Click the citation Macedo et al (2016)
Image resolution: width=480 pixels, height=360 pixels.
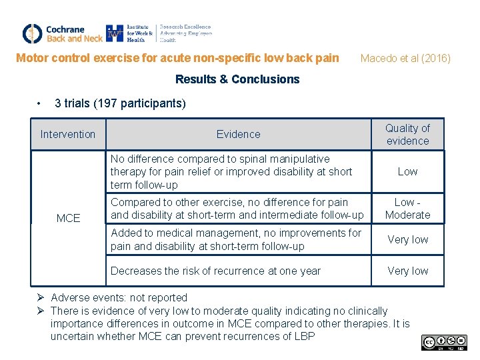[405, 58]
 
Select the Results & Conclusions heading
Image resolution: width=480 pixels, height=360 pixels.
[237, 79]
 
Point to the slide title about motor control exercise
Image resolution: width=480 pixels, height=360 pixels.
[177, 58]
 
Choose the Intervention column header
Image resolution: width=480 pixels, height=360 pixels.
[68, 134]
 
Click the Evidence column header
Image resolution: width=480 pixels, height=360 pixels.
[238, 134]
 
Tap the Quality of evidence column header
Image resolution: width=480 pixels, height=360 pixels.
[407, 134]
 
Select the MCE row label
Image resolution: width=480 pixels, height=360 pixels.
[68, 218]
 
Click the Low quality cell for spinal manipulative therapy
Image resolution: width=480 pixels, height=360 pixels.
[407, 171]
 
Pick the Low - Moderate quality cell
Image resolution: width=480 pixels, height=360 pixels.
[407, 208]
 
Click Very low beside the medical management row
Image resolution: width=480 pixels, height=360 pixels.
[407, 239]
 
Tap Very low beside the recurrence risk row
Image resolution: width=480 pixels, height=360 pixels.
[407, 271]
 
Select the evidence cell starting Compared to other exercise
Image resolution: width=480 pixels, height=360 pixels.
[237, 208]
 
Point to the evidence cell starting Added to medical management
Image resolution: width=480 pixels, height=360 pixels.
[235, 239]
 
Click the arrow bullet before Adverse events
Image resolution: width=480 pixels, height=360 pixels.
[41, 297]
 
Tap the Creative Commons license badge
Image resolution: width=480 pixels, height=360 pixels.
[443, 343]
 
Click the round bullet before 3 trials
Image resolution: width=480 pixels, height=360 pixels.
[41, 103]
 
